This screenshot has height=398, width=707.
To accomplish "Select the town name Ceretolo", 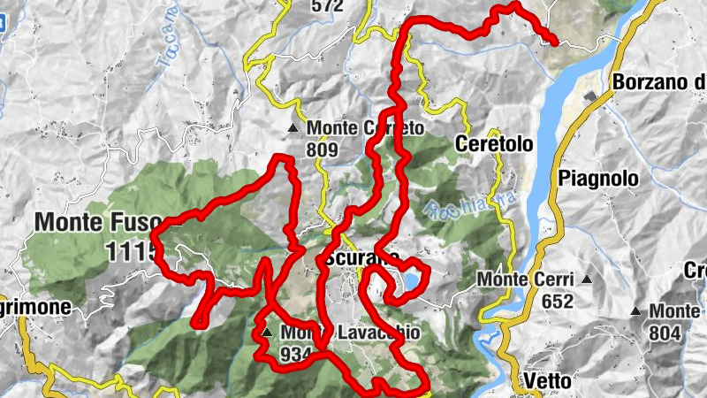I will (491, 143).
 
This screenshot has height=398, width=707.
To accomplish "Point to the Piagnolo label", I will (597, 178).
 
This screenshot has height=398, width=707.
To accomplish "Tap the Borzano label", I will (658, 83).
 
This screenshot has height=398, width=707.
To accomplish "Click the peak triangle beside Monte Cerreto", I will (293, 129).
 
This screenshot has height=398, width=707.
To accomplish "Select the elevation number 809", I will (323, 150).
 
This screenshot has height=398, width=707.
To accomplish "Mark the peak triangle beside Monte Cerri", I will (586, 279).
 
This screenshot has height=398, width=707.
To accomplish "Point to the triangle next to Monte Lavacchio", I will (267, 333).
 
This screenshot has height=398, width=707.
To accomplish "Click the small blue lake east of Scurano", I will (412, 282).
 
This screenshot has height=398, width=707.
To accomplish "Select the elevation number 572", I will (326, 6).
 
